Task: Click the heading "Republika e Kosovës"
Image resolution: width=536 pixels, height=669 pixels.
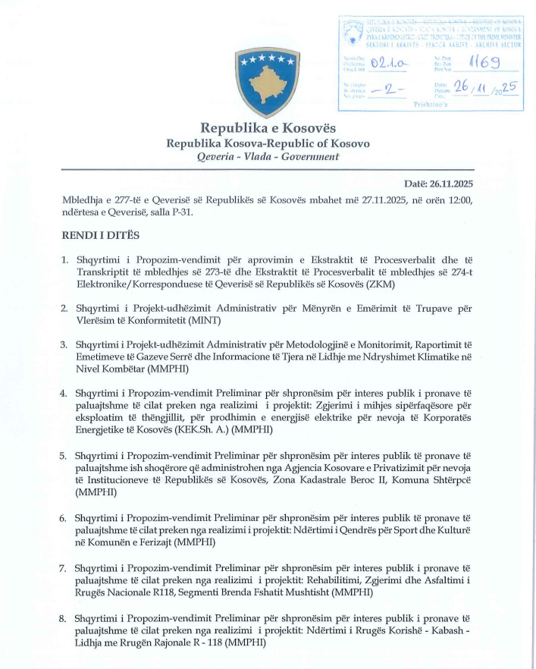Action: click(x=267, y=127)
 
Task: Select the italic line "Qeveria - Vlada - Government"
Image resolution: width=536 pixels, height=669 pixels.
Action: click(x=268, y=157)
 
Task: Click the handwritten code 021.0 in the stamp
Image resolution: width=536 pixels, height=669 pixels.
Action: click(x=395, y=66)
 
